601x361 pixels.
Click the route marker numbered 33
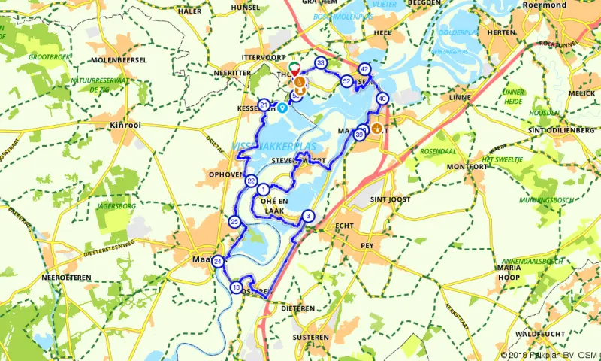coord(321,63)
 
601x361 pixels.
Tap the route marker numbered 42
coord(364,68)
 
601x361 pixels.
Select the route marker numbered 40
coord(382,99)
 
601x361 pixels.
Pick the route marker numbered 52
coord(346,81)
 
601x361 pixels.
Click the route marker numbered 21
coord(264,105)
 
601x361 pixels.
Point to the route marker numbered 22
coord(252,180)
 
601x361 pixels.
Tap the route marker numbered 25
coord(234,222)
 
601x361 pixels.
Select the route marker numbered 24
coord(217,262)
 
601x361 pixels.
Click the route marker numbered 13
coord(237,287)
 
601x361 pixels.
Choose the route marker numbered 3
coord(308,217)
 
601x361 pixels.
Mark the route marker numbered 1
coord(264,189)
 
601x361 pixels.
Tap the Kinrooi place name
coord(125,123)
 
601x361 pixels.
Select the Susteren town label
coord(309,337)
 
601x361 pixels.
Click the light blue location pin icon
coord(282,107)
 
